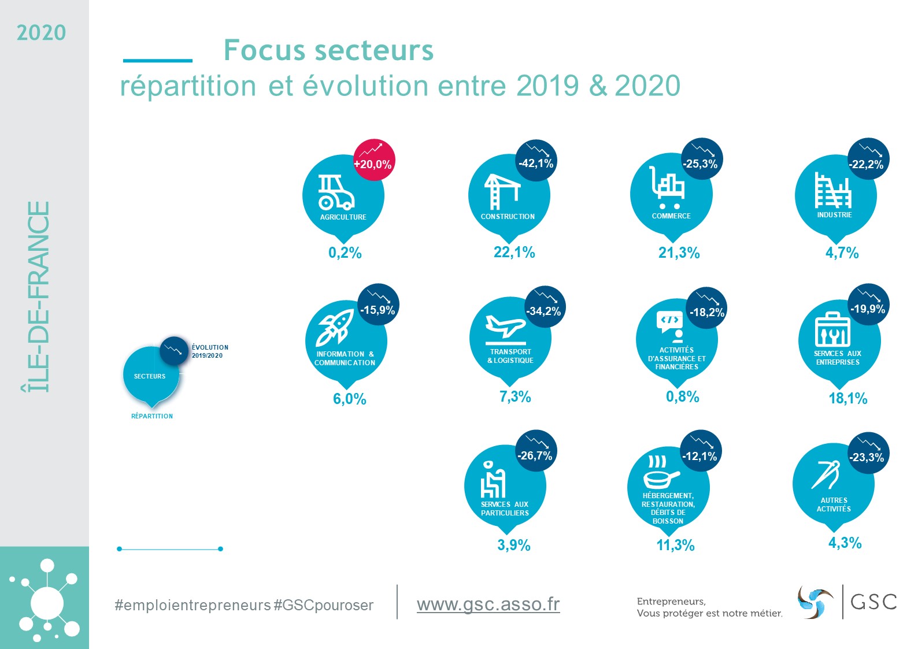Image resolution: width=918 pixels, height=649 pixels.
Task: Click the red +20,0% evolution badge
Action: tap(373, 160)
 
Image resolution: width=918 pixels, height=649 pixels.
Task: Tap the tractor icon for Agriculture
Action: tap(335, 192)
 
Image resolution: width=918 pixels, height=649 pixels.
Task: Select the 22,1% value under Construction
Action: tap(514, 253)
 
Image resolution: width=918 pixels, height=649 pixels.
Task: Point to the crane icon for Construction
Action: tap(501, 191)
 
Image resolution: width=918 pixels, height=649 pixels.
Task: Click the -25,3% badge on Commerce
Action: tap(701, 160)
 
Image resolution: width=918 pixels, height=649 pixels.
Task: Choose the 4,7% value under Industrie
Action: tap(842, 253)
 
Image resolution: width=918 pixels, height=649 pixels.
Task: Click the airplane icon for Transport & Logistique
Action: tap(505, 327)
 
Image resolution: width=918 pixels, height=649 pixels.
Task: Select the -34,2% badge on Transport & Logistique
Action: tap(543, 307)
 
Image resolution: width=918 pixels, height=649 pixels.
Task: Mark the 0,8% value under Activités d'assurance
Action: tap(682, 397)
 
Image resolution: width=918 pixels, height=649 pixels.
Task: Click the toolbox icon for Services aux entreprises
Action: tap(832, 329)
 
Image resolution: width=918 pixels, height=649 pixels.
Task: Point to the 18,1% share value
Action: tap(847, 398)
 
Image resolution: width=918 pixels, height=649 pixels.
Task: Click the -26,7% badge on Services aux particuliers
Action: tap(535, 451)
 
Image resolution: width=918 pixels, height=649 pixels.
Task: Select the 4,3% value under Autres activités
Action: tap(845, 543)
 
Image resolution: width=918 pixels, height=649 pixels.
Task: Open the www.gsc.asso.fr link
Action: tap(488, 605)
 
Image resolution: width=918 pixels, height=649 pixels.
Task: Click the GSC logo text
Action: tap(873, 602)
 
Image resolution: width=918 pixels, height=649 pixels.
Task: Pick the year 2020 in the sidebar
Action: tap(41, 33)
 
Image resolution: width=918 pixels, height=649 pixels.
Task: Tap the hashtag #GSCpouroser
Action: tap(323, 605)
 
